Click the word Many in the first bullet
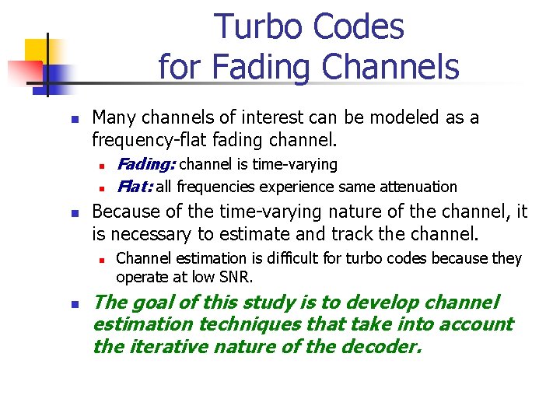coord(114,118)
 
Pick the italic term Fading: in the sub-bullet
coord(145,164)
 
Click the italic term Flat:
coord(134,187)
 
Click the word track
coord(348,233)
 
